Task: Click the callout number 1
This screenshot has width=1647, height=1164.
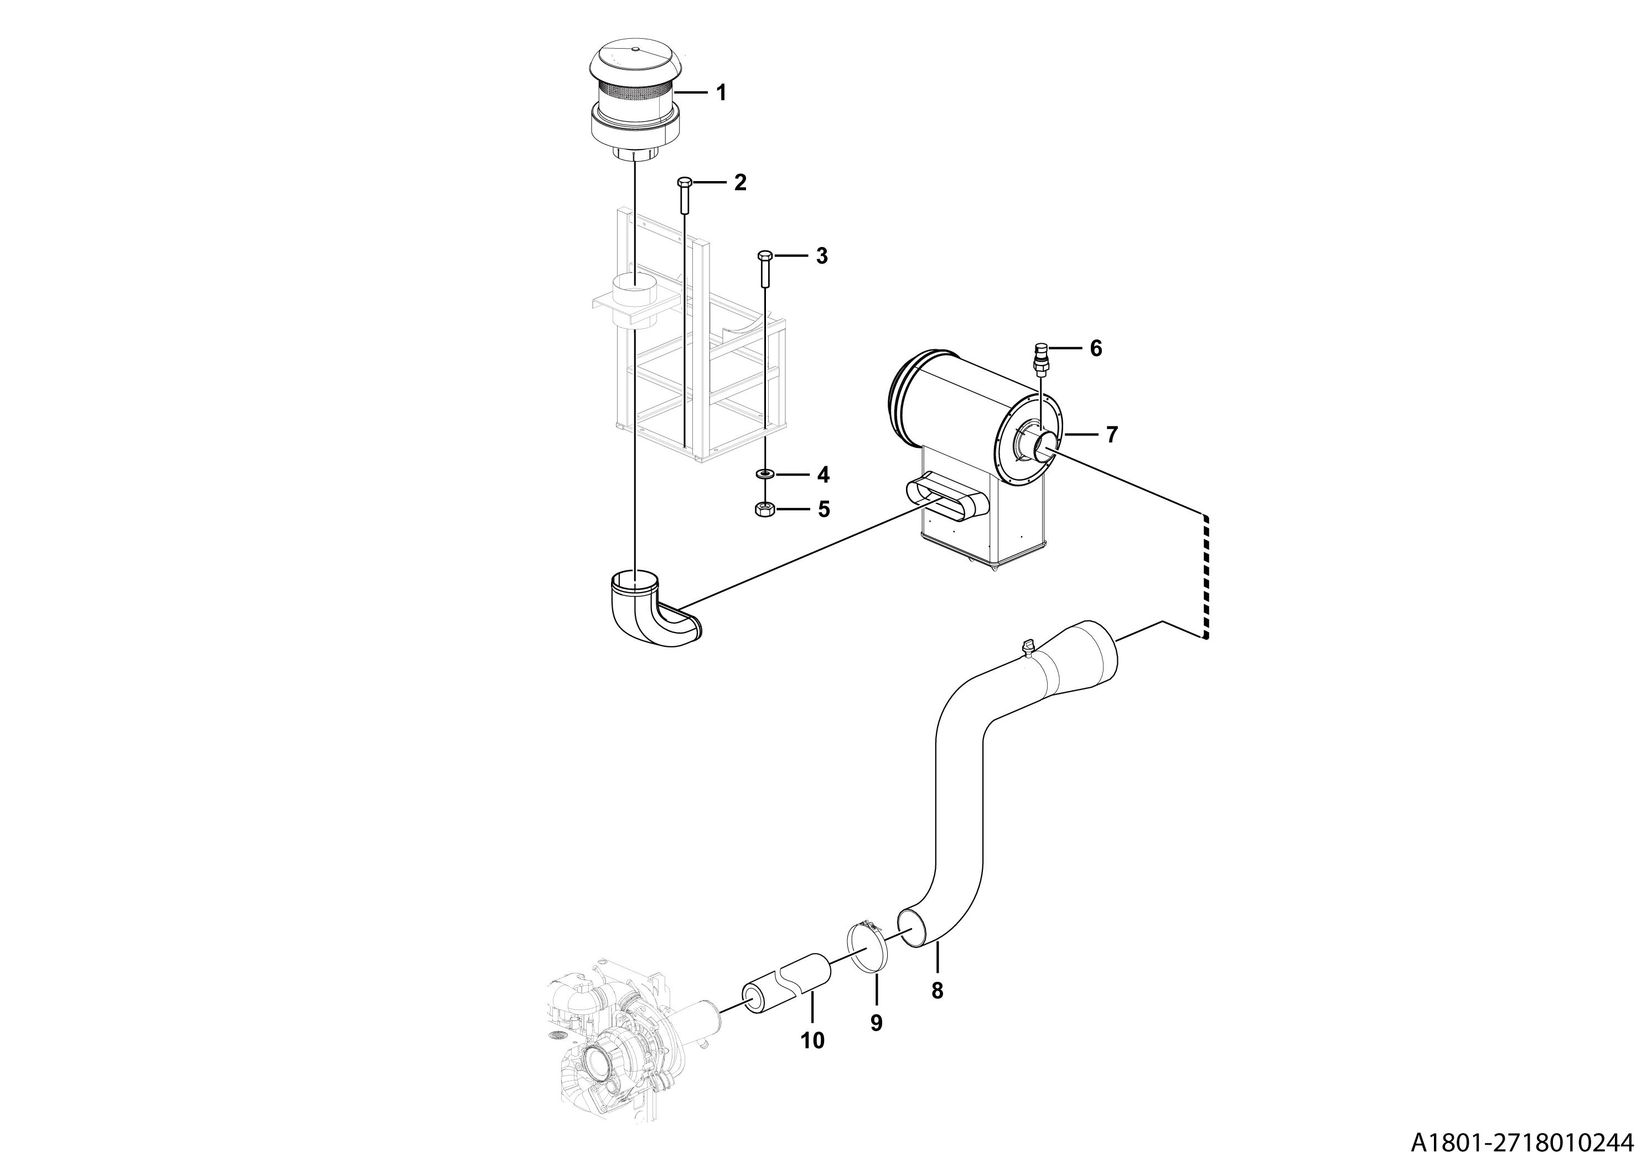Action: [722, 92]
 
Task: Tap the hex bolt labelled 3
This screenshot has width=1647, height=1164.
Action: [765, 269]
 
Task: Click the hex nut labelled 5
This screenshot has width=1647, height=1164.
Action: [765, 509]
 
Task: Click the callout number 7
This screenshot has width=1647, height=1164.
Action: [1111, 434]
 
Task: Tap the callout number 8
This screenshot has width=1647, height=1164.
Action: [937, 991]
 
